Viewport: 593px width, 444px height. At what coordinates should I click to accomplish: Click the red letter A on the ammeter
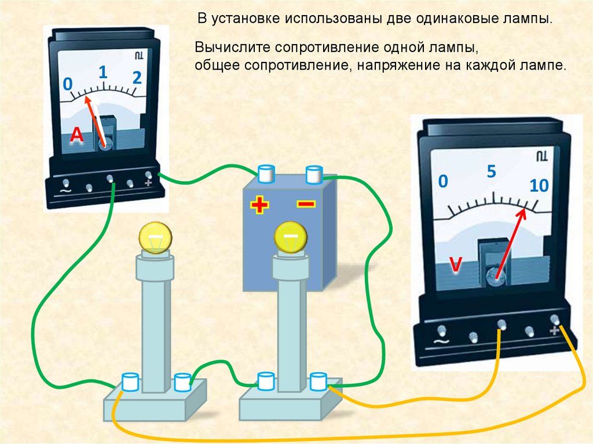pos(77,135)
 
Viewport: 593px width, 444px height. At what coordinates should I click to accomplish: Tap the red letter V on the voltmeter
pos(456,265)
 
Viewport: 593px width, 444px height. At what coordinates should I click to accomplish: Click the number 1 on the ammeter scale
pos(103,72)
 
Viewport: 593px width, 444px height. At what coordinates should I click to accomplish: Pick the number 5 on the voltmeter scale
pos(492,172)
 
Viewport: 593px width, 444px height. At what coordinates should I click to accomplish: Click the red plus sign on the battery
pos(259,204)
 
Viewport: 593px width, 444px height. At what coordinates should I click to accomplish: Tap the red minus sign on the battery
pos(306,204)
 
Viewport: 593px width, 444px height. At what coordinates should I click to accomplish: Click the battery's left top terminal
pos(266,173)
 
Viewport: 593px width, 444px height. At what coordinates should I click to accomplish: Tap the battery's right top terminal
pos(313,173)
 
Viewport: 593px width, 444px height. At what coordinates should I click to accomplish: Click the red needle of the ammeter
pos(96,120)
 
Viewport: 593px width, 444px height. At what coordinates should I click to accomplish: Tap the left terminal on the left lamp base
pos(130,381)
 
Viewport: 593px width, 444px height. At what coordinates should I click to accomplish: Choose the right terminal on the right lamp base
pos(318,381)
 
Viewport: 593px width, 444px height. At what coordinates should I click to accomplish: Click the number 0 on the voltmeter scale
pos(443,182)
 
